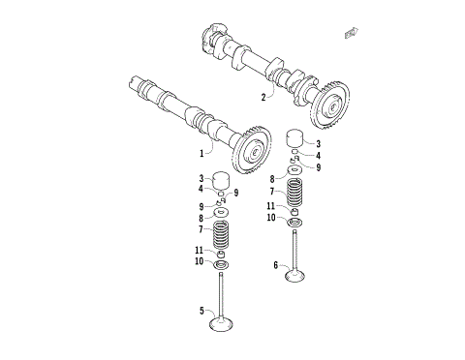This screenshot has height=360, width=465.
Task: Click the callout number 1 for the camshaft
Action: click(x=203, y=151)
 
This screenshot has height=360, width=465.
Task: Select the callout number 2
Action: click(x=263, y=97)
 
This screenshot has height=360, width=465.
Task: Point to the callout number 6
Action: click(x=276, y=264)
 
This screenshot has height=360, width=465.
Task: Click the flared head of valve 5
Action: click(x=225, y=322)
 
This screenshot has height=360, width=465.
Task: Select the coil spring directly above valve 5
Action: click(x=223, y=233)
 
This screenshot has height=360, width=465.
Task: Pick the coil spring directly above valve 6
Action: click(x=296, y=193)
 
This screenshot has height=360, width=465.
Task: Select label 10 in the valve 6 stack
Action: click(x=273, y=219)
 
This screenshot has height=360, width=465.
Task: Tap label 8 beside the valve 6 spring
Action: click(x=273, y=179)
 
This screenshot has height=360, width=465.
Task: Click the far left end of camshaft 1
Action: click(x=134, y=84)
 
